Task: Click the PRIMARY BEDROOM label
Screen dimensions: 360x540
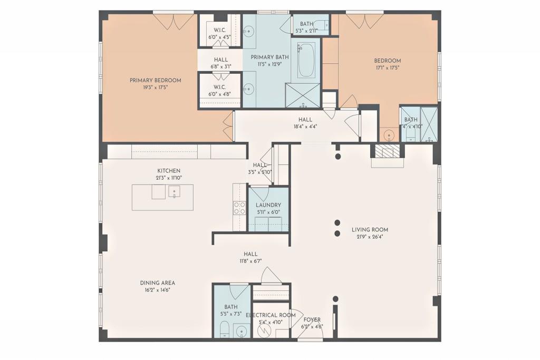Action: tap(155, 80)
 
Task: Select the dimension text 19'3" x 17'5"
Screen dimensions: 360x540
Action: tap(155, 87)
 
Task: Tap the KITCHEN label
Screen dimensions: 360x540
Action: tap(169, 171)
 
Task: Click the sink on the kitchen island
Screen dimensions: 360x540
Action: tap(173, 192)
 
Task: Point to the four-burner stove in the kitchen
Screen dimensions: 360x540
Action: tap(239, 208)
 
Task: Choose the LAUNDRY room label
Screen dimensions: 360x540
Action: tap(268, 205)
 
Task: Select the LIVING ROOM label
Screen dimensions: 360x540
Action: tap(370, 230)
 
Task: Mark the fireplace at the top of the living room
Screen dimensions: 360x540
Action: tap(387, 151)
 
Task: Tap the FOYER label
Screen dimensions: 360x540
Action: tap(312, 319)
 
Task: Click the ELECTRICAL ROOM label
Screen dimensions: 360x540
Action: tap(271, 315)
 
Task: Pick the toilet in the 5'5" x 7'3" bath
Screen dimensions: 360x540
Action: tap(224, 330)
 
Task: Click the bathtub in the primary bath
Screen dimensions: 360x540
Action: tap(305, 60)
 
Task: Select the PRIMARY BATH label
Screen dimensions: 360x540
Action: tap(269, 57)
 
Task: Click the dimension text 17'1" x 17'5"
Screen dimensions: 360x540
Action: tap(388, 67)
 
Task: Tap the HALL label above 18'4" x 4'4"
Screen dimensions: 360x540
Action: tap(305, 120)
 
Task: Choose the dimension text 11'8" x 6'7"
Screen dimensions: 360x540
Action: tap(250, 261)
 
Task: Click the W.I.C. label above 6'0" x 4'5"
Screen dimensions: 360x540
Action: tap(220, 30)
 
